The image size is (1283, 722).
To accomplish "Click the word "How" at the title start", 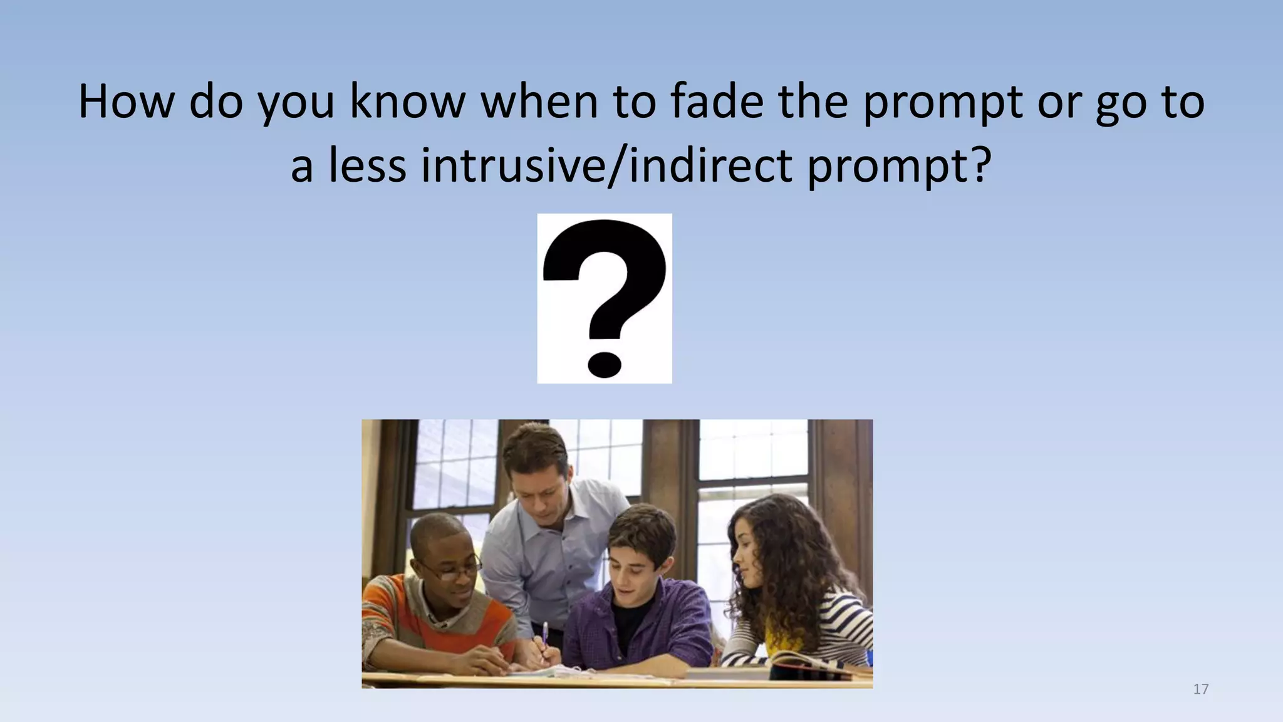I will point(125,102).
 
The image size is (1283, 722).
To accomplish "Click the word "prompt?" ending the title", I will point(900,167).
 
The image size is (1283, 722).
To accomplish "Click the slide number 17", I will point(1200,689).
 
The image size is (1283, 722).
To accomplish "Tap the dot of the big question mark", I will point(605,364).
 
